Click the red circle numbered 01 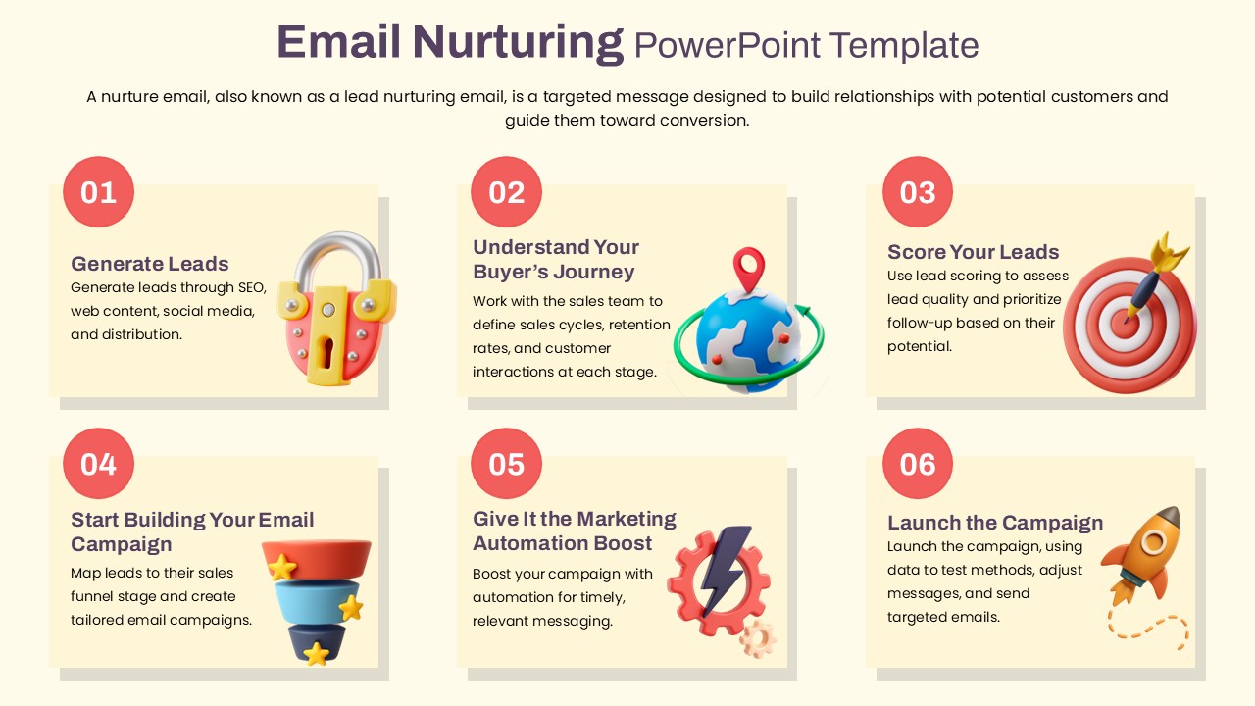(99, 191)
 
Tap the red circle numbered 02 (507, 191)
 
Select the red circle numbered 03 (918, 191)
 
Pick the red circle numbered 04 (99, 464)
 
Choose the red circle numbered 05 (507, 464)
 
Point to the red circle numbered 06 (918, 464)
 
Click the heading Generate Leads (150, 264)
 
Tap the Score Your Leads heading (974, 252)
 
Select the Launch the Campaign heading (995, 523)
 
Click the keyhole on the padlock (327, 352)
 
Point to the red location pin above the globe (749, 269)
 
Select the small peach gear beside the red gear (758, 638)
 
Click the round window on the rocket (1153, 542)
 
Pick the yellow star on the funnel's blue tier (351, 607)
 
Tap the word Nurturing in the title (518, 42)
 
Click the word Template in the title (904, 45)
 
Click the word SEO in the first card (252, 287)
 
